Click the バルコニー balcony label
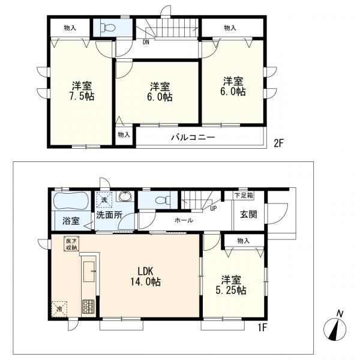(193, 137)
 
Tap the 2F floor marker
(279, 143)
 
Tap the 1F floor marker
(262, 328)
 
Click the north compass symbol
(335, 326)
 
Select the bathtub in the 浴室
(71, 200)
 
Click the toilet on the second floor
(107, 28)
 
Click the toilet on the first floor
(163, 200)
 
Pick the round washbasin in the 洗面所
(125, 196)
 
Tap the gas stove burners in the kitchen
(88, 307)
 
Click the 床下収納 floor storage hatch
(71, 244)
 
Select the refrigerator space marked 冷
(59, 309)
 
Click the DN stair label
(146, 43)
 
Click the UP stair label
(213, 209)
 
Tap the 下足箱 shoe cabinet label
(244, 196)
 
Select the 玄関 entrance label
(248, 214)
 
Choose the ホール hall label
(184, 220)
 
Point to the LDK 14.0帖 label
(146, 276)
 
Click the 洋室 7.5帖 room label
(82, 91)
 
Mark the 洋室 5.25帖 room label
(231, 285)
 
